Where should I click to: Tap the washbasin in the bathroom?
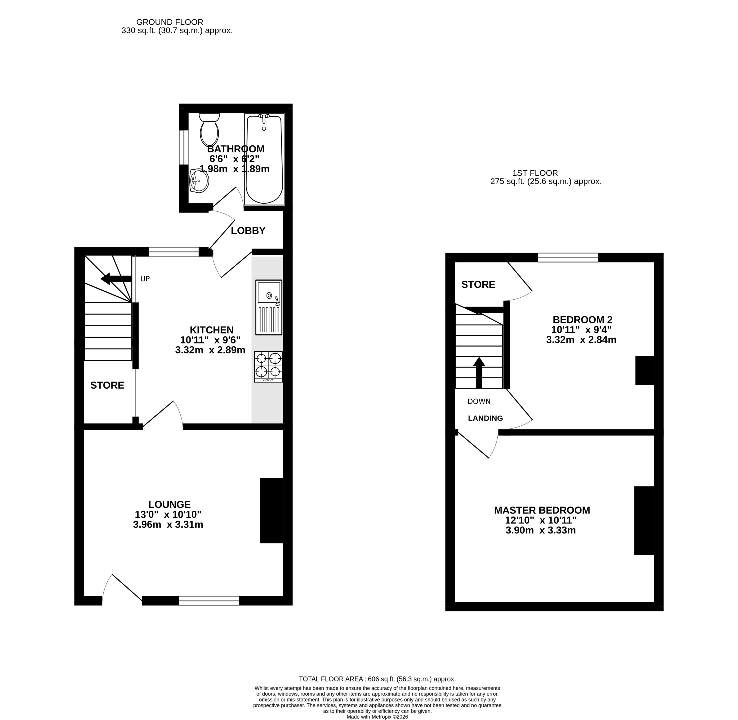tap(199, 181)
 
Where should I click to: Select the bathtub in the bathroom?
tap(264, 159)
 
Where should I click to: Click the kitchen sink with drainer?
tap(269, 307)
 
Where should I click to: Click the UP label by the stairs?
tap(145, 279)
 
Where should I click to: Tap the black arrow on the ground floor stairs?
tap(115, 279)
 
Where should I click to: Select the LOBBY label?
tap(248, 231)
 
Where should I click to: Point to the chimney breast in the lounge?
tap(271, 511)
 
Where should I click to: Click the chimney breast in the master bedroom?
tap(644, 521)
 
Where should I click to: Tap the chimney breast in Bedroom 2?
tap(645, 370)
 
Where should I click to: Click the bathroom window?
tap(184, 147)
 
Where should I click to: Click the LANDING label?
tap(485, 418)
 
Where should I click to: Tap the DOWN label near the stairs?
tap(479, 401)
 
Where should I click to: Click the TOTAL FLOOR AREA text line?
tap(377, 679)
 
